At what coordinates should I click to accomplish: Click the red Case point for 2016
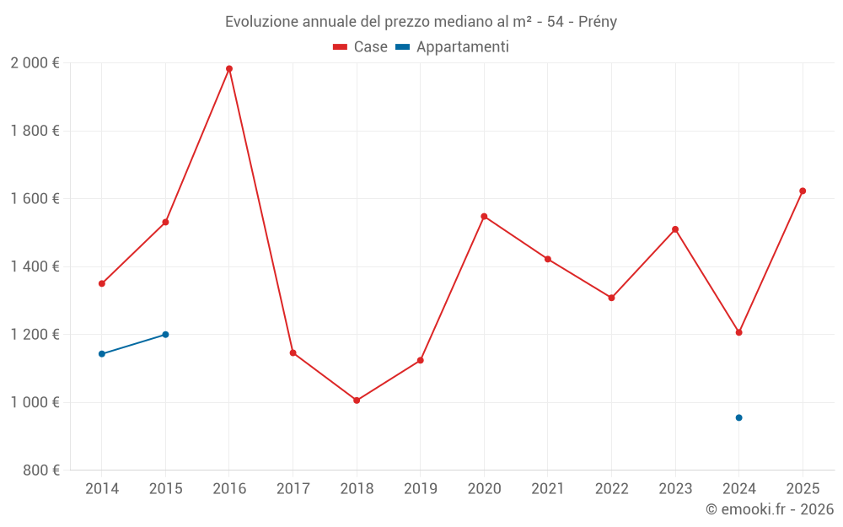pos(229,69)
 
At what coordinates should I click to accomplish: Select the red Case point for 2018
pos(357,401)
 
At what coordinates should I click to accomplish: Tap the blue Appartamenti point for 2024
pos(738,417)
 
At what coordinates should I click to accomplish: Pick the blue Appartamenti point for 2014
pos(102,354)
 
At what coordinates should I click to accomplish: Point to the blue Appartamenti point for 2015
pos(165,335)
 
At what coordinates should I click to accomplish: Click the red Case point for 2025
pos(803,191)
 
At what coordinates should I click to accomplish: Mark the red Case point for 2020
pos(484,217)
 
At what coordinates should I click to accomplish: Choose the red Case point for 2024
pos(738,332)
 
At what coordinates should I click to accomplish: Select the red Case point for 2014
pos(102,283)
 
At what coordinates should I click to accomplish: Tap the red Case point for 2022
pos(611,298)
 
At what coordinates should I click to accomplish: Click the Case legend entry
pos(361,47)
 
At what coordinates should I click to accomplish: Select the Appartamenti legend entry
pos(453,47)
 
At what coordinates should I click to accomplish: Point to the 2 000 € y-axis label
pos(35,63)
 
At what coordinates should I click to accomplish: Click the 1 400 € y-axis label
pos(35,266)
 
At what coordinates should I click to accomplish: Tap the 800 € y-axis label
pos(40,470)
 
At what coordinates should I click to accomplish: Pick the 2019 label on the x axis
pos(420,488)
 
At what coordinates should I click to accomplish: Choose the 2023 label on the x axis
pos(675,488)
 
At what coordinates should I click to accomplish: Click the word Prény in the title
pos(598,22)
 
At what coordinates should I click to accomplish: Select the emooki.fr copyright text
pos(770,509)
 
